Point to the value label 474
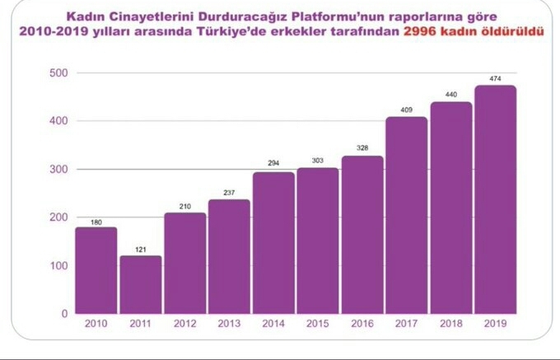point(496,79)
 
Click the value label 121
point(141,249)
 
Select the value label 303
point(318,161)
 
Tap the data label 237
point(229,193)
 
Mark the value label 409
point(407,110)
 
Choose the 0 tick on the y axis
point(63,314)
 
